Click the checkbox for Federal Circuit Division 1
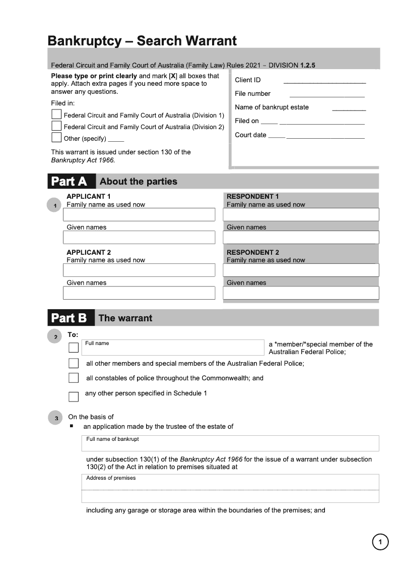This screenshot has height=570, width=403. [56, 115]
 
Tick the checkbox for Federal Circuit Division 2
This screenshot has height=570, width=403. [56, 126]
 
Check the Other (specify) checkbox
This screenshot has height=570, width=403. [56, 138]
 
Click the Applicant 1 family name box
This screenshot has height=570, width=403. [139, 214]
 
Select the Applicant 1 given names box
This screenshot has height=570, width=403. [139, 237]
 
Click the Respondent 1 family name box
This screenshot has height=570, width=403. [301, 214]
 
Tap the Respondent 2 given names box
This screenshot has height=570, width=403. [301, 293]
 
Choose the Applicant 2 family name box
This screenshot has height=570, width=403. [139, 270]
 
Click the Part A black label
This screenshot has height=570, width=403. [71, 182]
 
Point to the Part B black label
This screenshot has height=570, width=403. [71, 318]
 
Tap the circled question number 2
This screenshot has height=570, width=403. [54, 336]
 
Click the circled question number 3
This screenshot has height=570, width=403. [55, 418]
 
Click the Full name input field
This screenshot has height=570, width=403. [173, 348]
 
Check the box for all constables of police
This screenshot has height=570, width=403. [74, 378]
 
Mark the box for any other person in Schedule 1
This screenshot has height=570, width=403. [74, 396]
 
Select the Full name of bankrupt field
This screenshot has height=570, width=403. [230, 443]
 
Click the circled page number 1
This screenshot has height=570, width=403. [380, 542]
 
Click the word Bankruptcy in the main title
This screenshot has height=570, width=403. [84, 41]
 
